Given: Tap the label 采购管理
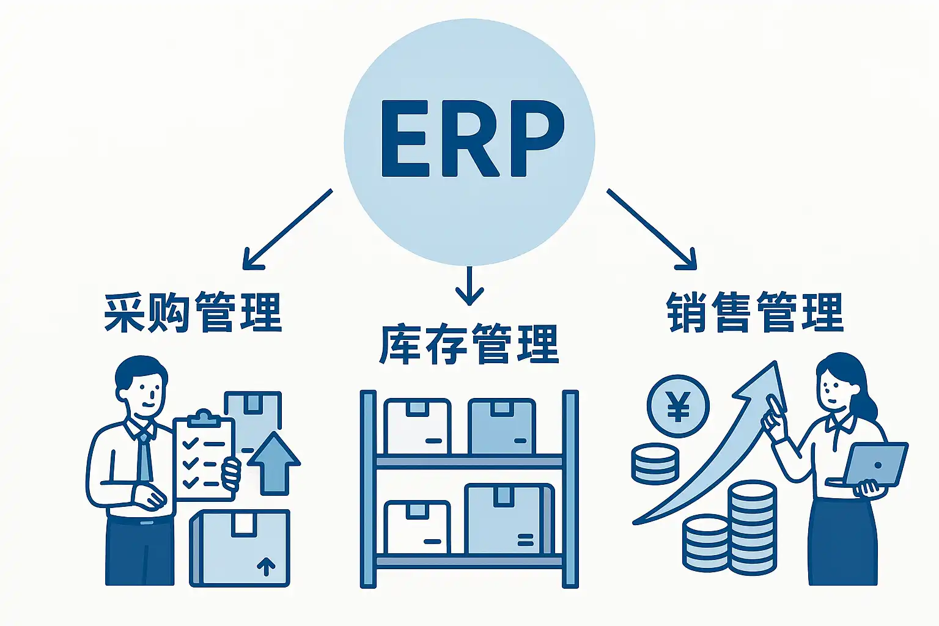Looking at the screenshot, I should coord(193,312).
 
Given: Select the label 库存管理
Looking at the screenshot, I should coord(469,345).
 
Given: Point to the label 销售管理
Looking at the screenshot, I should coord(755,312).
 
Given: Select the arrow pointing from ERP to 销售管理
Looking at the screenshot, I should coord(652,229).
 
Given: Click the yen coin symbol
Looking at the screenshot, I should coord(678,407).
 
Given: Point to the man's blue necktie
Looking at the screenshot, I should coord(144,458).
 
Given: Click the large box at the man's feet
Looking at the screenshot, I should coord(240,548).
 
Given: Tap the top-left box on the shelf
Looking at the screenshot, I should coord(417,427).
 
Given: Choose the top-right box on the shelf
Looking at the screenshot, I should coord(501,427).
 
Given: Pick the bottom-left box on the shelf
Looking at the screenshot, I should coord(417,527).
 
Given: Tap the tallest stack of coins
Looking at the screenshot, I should coord(752,526).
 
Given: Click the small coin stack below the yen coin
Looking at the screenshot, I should coord(655,463).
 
